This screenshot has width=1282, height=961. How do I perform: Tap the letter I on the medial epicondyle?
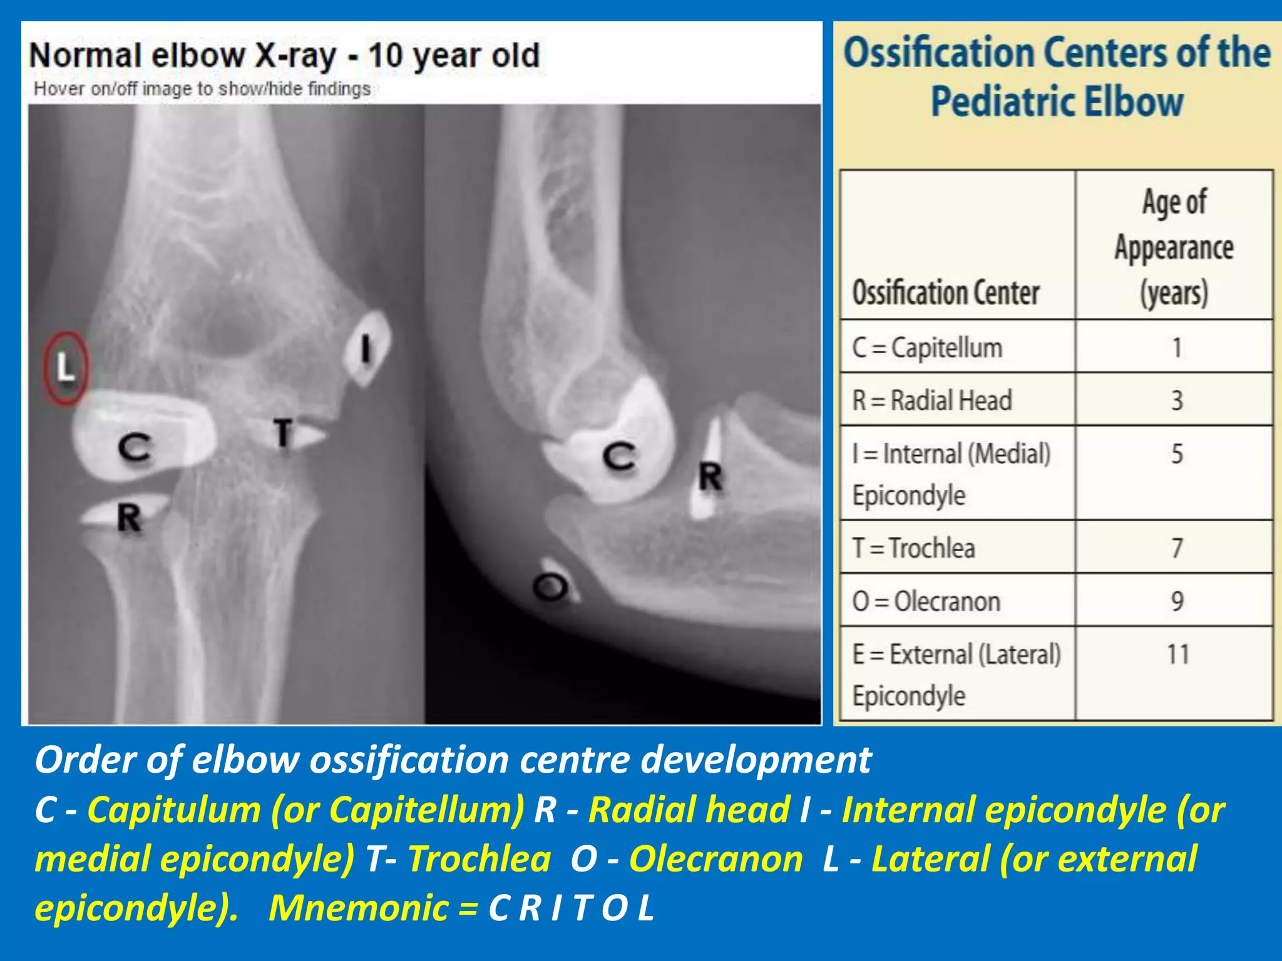point(366,348)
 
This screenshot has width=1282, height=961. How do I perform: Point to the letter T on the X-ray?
point(284,433)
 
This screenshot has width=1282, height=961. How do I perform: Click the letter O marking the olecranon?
point(550,587)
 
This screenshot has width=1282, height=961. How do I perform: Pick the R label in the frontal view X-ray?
point(130,519)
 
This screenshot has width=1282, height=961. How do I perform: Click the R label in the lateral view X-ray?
point(710,479)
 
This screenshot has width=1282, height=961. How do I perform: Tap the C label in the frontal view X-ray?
point(135,449)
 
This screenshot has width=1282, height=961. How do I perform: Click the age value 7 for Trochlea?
point(1177,548)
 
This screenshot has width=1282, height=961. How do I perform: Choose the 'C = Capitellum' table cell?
point(927,348)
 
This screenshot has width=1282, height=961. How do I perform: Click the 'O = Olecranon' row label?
point(926,601)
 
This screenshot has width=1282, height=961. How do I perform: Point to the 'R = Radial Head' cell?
point(932,400)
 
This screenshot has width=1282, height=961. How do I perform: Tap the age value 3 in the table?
point(1177,400)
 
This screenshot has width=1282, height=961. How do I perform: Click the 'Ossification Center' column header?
point(946,293)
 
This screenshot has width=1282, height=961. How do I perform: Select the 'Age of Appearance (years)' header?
point(1174,248)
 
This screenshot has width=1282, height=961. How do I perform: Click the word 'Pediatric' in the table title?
point(1002,102)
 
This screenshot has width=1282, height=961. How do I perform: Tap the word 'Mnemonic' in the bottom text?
point(358,907)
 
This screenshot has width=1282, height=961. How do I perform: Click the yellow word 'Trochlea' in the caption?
point(479,858)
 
